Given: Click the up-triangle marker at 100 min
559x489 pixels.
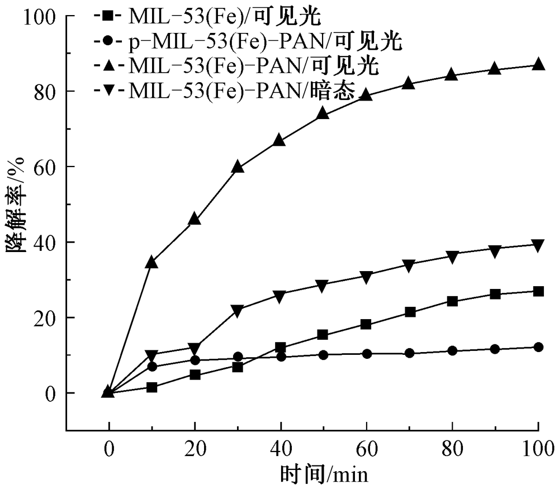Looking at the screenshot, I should point(538,64).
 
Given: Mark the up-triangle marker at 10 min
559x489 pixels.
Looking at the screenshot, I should point(151,262).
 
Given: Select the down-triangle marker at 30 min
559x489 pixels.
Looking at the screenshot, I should point(238,311).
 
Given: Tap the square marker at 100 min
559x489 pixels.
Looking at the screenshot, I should point(538,291).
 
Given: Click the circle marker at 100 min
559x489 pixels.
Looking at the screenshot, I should point(538,347).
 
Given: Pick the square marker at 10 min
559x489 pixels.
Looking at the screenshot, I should point(151,387).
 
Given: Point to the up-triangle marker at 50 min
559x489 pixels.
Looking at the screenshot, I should point(323,113).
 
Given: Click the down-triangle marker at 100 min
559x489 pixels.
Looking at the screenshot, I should point(538,245).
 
